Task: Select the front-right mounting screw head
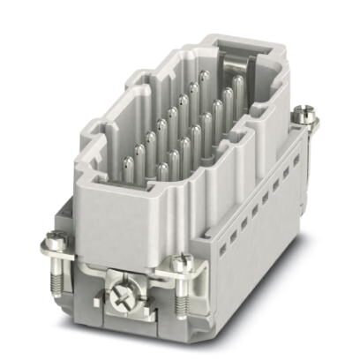(182, 262)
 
